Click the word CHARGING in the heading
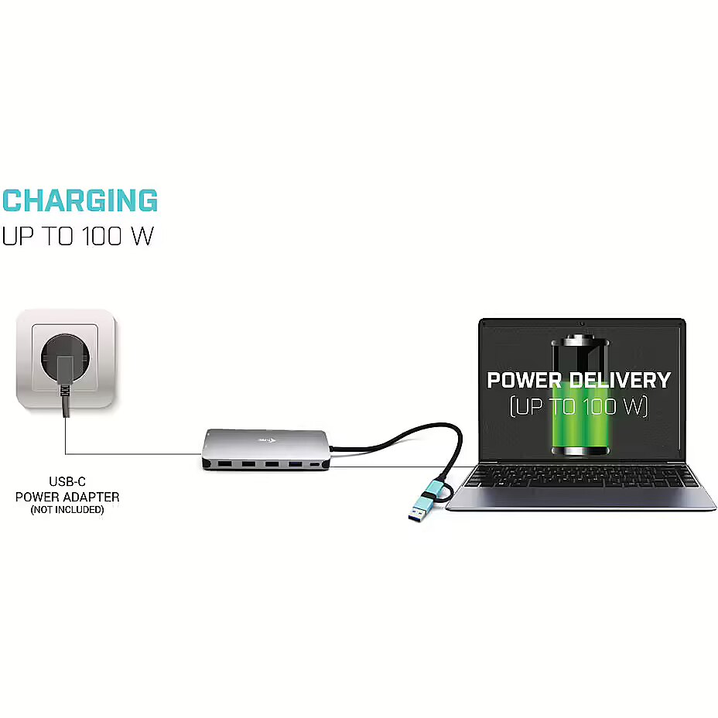pyautogui.click(x=80, y=200)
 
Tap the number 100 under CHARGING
pyautogui.click(x=101, y=236)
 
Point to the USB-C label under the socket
pyautogui.click(x=67, y=481)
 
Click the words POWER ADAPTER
pyautogui.click(x=67, y=497)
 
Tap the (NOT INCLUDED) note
pyautogui.click(x=67, y=510)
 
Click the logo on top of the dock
pyautogui.click(x=266, y=440)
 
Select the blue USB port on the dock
pyautogui.click(x=295, y=465)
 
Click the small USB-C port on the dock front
pyautogui.click(x=315, y=465)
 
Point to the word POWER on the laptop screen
pyautogui.click(x=524, y=380)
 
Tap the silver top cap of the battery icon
pyautogui.click(x=580, y=340)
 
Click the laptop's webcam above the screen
pyautogui.click(x=582, y=323)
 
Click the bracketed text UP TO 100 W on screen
pyautogui.click(x=579, y=405)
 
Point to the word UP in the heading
pyautogui.click(x=17, y=236)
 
